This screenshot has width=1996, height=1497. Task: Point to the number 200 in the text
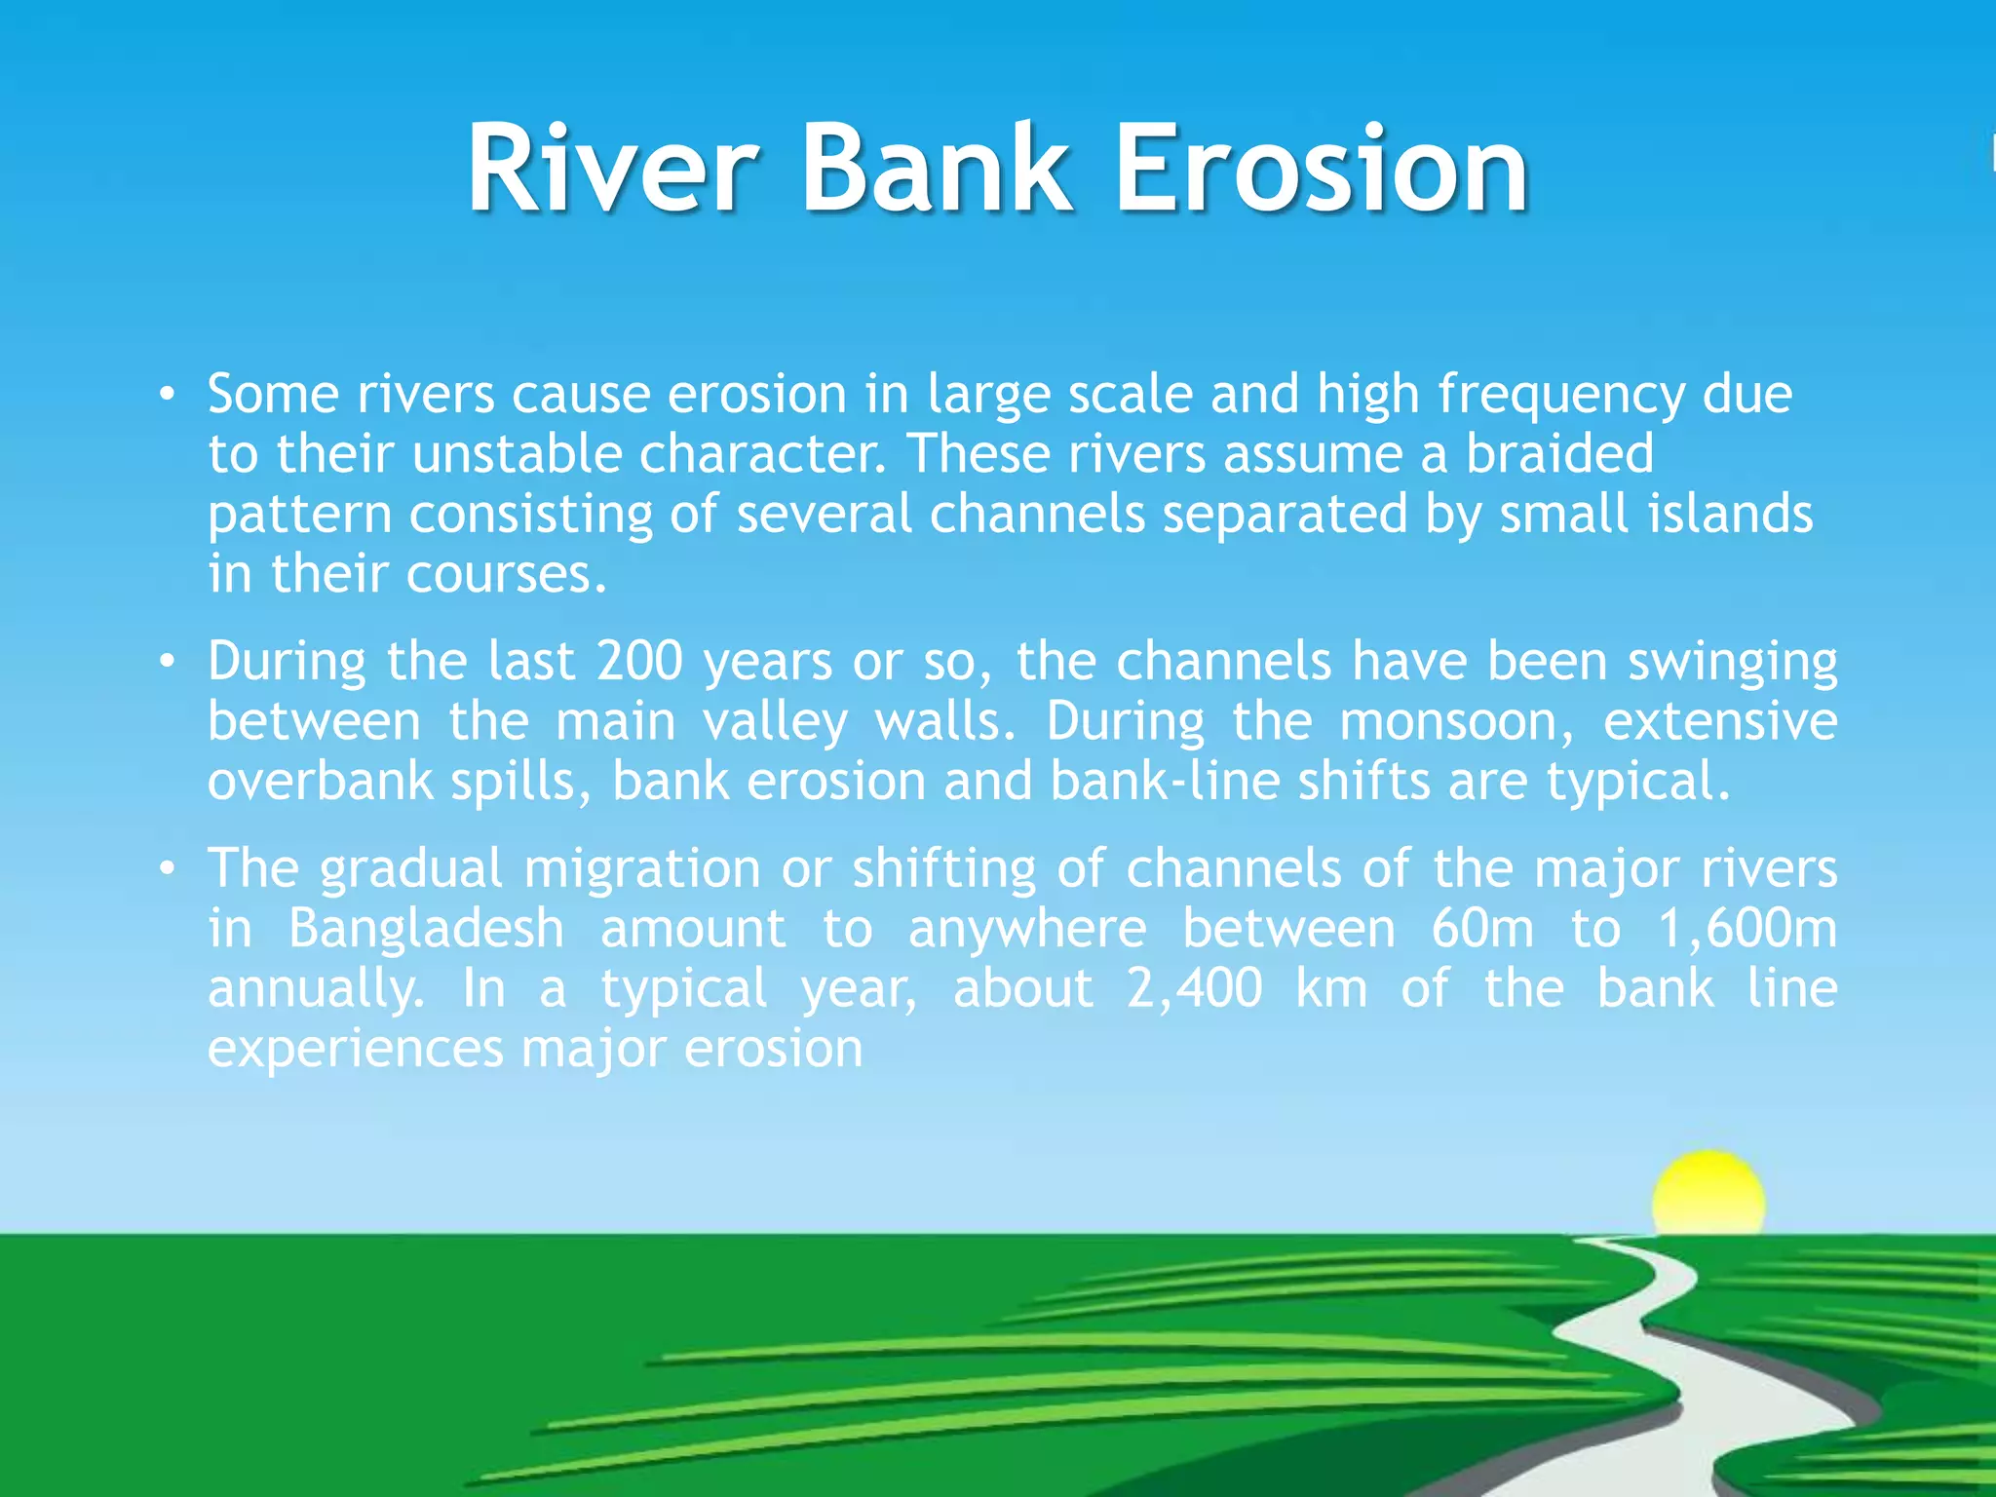639,661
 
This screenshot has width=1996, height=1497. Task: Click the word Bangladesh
426,928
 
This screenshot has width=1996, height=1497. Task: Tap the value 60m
1482,928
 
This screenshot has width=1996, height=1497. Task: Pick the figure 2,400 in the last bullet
1194,988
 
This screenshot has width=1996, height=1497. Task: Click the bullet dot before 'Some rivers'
168,395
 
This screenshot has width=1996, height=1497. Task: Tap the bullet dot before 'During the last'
168,662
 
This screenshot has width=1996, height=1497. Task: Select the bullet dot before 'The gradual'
168,868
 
